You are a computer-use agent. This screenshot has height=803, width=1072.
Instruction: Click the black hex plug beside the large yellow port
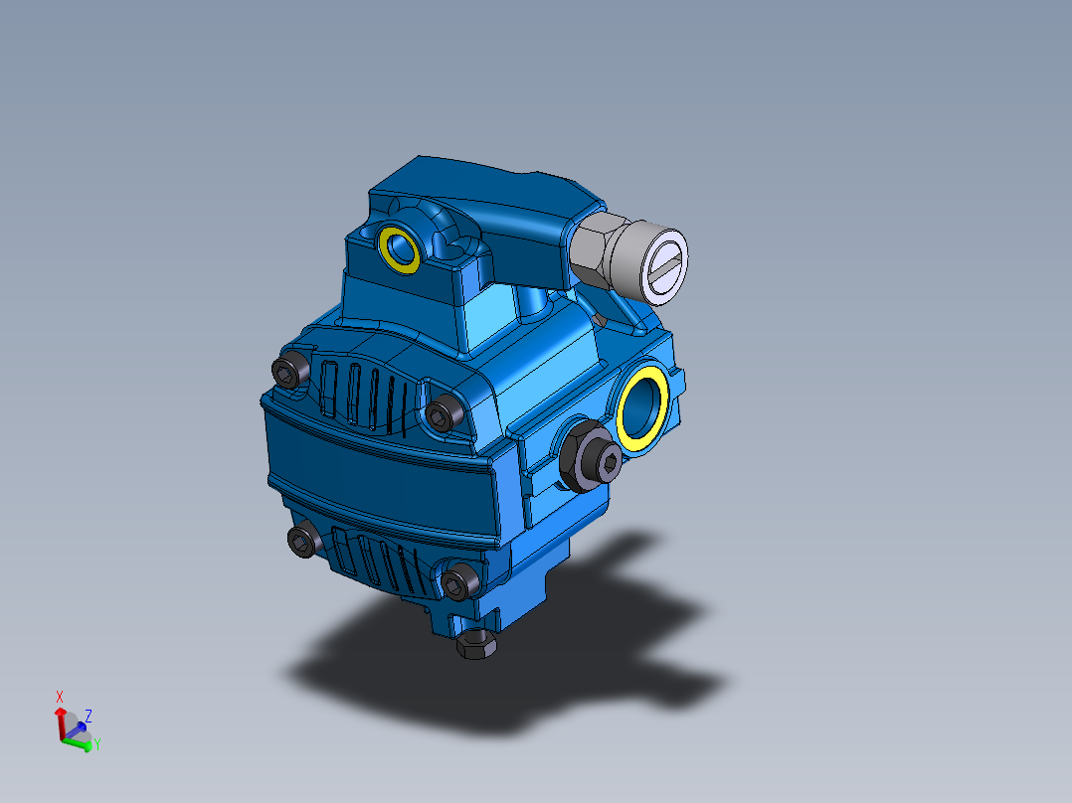(x=592, y=459)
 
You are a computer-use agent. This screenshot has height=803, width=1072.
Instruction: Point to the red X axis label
(x=60, y=697)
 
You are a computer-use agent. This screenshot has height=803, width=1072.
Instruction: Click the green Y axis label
(x=97, y=744)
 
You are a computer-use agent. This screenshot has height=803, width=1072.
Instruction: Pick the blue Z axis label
(x=89, y=715)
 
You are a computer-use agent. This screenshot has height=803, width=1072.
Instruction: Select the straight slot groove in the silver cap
(x=664, y=266)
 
